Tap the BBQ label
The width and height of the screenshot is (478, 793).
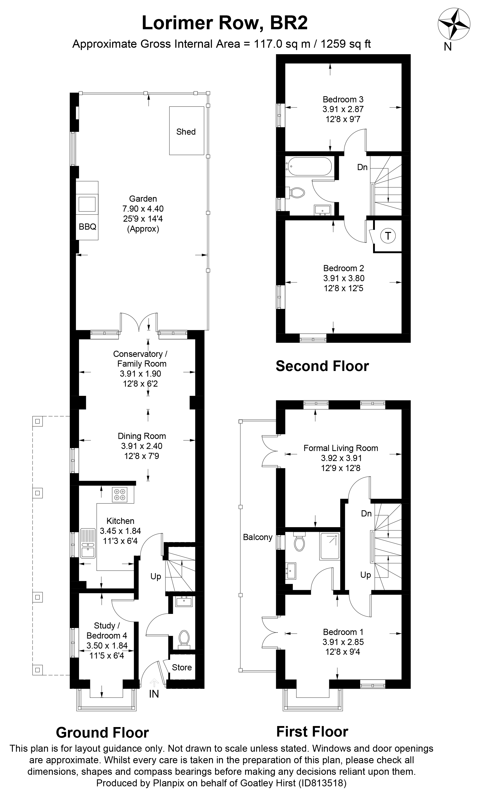[87, 227]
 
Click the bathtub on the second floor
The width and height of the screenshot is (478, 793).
[308, 167]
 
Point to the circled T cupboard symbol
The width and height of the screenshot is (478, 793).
[388, 236]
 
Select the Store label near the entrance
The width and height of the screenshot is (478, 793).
[182, 668]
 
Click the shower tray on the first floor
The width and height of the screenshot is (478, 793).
[330, 546]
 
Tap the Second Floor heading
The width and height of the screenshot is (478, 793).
[322, 366]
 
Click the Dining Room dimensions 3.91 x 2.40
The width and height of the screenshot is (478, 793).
[142, 446]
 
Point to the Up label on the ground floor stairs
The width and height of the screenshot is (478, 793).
[156, 576]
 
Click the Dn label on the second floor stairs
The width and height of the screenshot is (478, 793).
[363, 167]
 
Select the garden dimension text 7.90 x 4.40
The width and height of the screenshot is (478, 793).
[143, 209]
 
